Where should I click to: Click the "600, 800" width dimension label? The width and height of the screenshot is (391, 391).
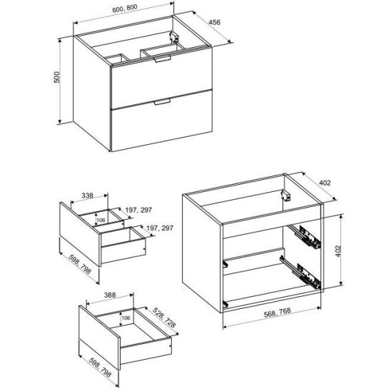pyautogui.click(x=125, y=9)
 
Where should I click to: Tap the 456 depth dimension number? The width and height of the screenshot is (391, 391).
pyautogui.click(x=215, y=22)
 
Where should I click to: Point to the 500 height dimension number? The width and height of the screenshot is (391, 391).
pyautogui.click(x=57, y=77)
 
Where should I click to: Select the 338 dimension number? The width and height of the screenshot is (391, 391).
pyautogui.click(x=87, y=195)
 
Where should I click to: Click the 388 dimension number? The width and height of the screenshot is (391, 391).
pyautogui.click(x=110, y=295)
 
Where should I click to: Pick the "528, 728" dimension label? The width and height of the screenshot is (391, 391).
pyautogui.click(x=164, y=318)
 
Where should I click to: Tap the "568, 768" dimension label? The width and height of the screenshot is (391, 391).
pyautogui.click(x=278, y=313)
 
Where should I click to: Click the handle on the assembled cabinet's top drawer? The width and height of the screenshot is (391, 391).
pyautogui.click(x=162, y=59)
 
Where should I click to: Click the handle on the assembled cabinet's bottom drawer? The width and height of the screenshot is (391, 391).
pyautogui.click(x=162, y=101)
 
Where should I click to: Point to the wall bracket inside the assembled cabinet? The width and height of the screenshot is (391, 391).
pyautogui.click(x=174, y=37)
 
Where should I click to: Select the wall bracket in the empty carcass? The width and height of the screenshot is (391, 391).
pyautogui.click(x=286, y=195)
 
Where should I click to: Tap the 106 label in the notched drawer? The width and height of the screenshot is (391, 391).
pyautogui.click(x=101, y=220)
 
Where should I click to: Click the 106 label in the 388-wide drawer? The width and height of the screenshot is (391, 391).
pyautogui.click(x=126, y=318)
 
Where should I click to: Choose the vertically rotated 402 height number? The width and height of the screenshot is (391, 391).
pyautogui.click(x=338, y=251)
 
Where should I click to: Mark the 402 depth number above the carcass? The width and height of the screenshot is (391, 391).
pyautogui.click(x=325, y=183)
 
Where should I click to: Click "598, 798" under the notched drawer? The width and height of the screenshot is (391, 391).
pyautogui.click(x=80, y=264)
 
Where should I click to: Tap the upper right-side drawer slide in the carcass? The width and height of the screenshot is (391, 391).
pyautogui.click(x=305, y=236)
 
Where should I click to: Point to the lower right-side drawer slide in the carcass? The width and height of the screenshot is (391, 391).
pyautogui.click(x=300, y=273)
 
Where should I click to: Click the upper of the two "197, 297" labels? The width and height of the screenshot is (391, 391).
pyautogui.click(x=138, y=210)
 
